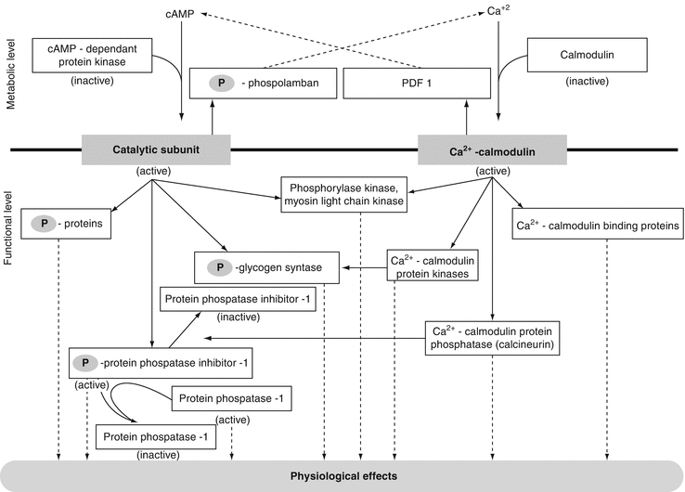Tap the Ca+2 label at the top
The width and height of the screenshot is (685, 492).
coord(499,12)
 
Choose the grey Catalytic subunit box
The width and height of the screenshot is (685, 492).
coord(155,149)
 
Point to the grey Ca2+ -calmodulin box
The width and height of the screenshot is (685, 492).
coord(492,149)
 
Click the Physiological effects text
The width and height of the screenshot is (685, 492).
coord(342,476)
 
